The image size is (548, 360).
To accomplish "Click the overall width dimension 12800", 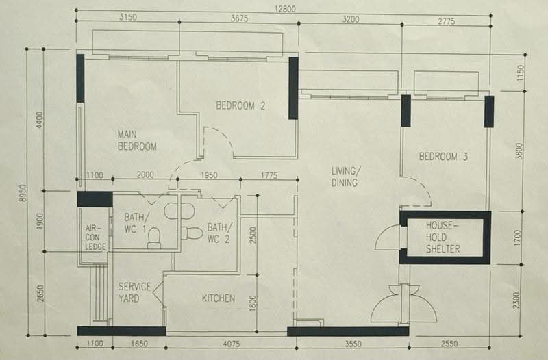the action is [285, 9].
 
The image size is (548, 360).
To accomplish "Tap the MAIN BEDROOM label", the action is [137, 140].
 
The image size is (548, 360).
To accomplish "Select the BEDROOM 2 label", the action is [240, 105].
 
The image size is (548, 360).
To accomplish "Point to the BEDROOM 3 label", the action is [443, 157].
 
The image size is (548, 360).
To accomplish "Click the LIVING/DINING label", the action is [346, 177].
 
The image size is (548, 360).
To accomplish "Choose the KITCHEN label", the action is [219, 298].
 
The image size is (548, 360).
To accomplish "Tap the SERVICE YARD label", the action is [134, 293].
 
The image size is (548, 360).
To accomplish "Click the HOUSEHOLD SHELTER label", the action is [443, 237].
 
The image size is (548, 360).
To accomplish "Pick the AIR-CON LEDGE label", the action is [95, 237].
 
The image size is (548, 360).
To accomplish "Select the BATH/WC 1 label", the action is [137, 223].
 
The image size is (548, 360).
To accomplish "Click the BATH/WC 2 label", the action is [219, 233].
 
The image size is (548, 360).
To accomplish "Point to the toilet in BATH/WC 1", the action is [154, 238].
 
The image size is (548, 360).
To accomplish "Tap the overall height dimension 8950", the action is [23, 193].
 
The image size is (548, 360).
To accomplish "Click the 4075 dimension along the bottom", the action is [232, 344].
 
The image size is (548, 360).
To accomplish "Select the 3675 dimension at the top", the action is [239, 18].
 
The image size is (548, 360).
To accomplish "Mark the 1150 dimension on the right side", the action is [521, 73].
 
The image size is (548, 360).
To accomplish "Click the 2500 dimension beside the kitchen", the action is [253, 235].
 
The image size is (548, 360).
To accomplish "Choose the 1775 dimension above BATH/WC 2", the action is [269, 175].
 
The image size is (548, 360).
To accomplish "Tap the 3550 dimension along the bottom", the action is [353, 344].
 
